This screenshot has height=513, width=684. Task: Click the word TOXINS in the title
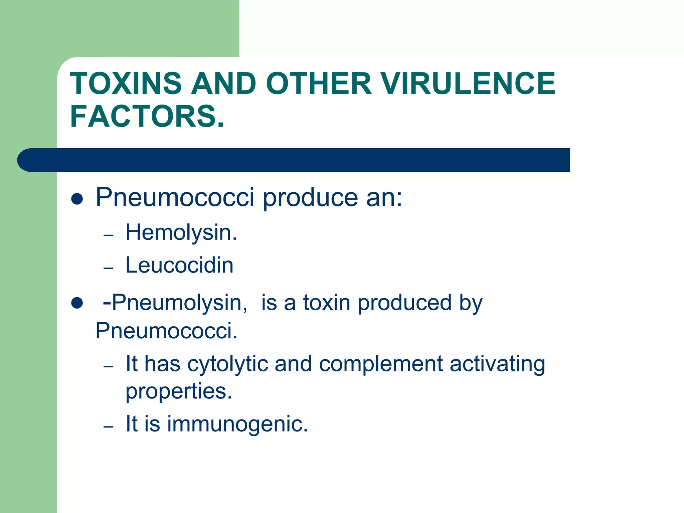pyautogui.click(x=126, y=83)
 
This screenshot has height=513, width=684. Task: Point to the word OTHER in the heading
pyautogui.click(x=318, y=83)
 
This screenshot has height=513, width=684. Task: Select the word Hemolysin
pyautogui.click(x=181, y=232)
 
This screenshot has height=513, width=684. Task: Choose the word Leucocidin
pyautogui.click(x=179, y=266)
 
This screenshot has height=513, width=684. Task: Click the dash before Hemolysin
pyautogui.click(x=109, y=235)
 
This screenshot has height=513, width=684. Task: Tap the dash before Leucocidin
pyautogui.click(x=109, y=268)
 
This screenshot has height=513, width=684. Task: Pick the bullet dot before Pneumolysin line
pyautogui.click(x=77, y=303)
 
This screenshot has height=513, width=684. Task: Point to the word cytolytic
pyautogui.click(x=227, y=364)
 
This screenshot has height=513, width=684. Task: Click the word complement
pyautogui.click(x=381, y=364)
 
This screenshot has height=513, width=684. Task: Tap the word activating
pyautogui.click(x=497, y=364)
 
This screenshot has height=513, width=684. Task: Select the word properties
pyautogui.click(x=179, y=391)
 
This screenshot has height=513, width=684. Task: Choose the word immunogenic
pyautogui.click(x=237, y=424)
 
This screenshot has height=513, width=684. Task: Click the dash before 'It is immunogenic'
pyautogui.click(x=109, y=427)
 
